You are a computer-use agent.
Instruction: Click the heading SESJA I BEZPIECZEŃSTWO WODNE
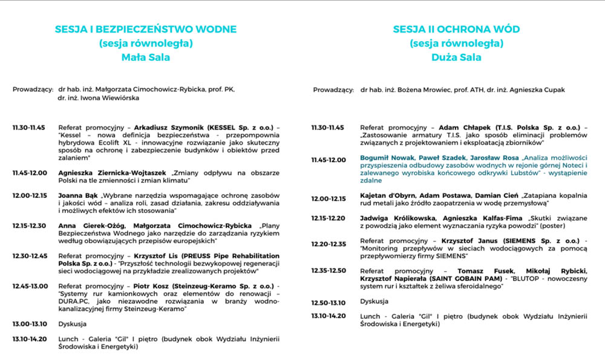coord(146,29)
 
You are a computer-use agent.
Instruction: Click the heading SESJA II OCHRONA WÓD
coord(456,29)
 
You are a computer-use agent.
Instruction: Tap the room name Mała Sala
coord(146,58)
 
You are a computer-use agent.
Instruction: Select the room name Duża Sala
coord(456,58)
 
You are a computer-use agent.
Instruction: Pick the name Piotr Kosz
coord(152,286)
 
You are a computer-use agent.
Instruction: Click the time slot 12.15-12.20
coord(329,218)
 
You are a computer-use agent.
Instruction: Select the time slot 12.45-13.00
coord(28,286)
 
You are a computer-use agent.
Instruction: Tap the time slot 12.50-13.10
coord(329,301)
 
